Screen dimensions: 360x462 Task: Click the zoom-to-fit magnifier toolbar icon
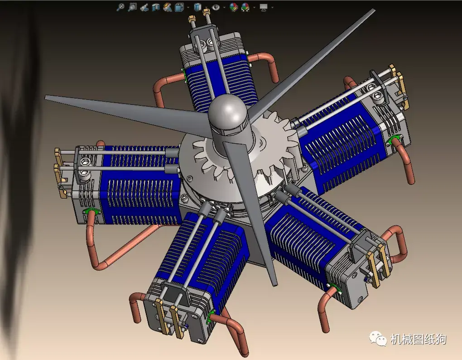[x=120, y=7]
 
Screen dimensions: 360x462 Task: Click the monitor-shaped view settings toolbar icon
[x=264, y=7]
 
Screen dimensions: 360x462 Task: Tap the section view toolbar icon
[x=155, y=7]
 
